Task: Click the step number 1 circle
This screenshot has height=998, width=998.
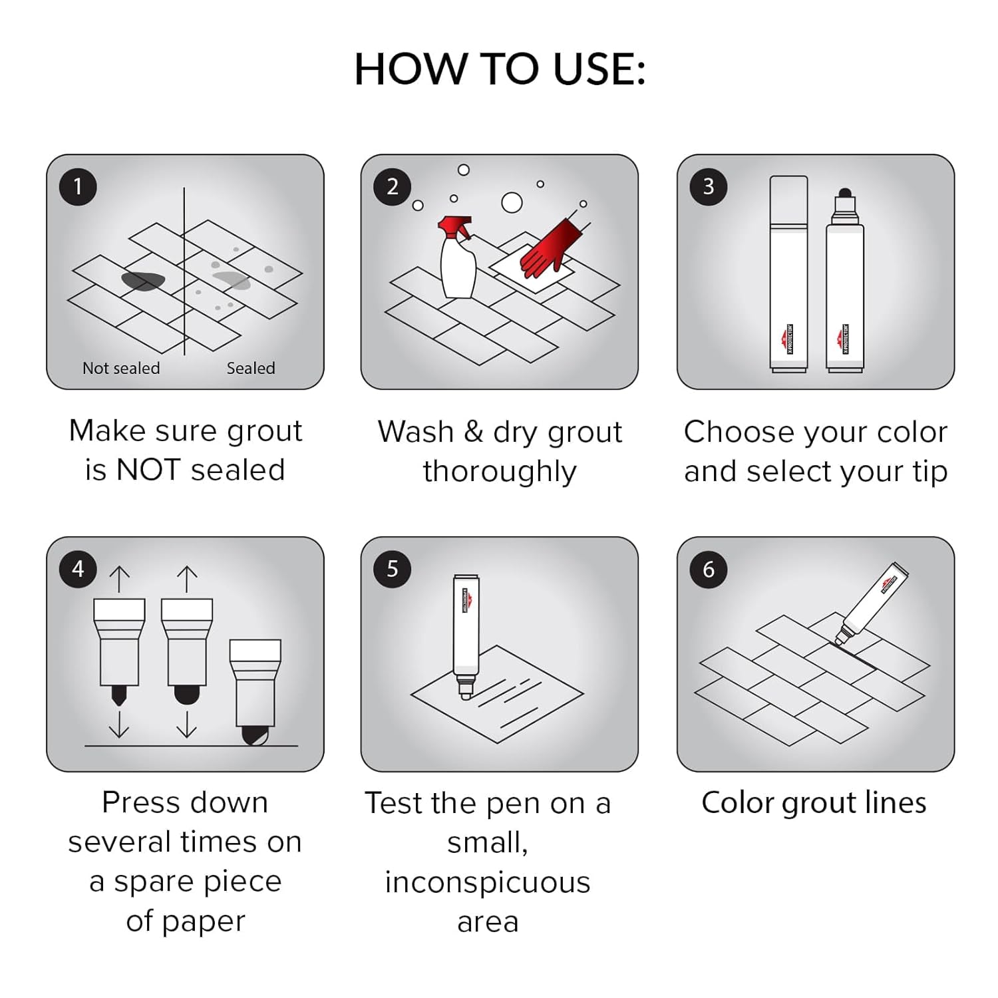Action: pyautogui.click(x=78, y=187)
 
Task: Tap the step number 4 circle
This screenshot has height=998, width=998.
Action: pyautogui.click(x=78, y=569)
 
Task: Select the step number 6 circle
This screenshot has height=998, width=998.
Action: pyautogui.click(x=708, y=569)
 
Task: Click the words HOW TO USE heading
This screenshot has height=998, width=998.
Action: pyautogui.click(x=500, y=69)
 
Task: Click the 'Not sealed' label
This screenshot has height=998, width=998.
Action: pyautogui.click(x=121, y=368)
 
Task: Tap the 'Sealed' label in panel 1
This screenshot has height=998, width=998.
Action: pyautogui.click(x=251, y=368)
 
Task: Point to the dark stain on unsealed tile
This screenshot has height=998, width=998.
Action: pyautogui.click(x=143, y=281)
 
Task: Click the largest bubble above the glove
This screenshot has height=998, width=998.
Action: pyautogui.click(x=512, y=202)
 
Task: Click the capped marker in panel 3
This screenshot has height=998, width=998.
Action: pyautogui.click(x=788, y=273)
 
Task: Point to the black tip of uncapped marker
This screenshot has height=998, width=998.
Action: pyautogui.click(x=845, y=194)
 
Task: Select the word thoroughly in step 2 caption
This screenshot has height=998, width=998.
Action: pyautogui.click(x=500, y=471)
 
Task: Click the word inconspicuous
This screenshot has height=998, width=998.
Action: pyautogui.click(x=488, y=882)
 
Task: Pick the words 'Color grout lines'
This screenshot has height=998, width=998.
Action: pyautogui.click(x=814, y=802)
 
